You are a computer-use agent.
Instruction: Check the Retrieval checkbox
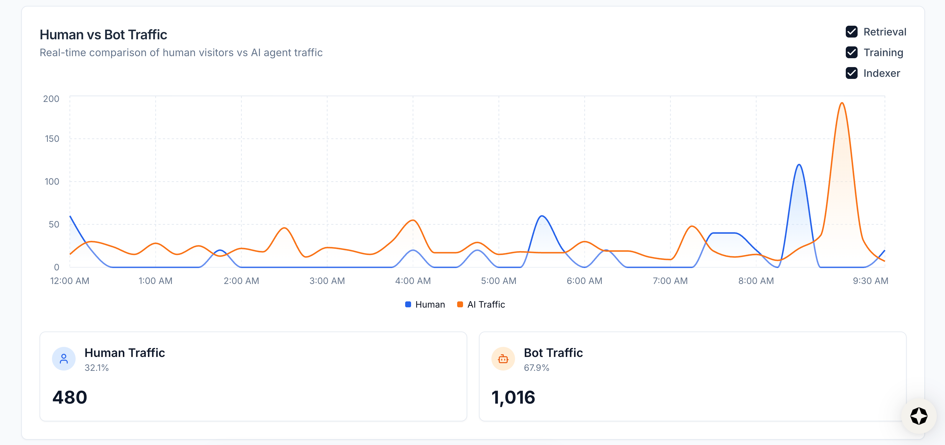[851, 32]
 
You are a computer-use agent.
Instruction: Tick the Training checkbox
[851, 53]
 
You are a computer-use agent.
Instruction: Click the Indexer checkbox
[851, 73]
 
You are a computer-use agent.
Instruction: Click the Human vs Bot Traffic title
[103, 35]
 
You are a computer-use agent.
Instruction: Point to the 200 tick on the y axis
[51, 99]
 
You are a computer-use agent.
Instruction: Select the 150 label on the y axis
[52, 139]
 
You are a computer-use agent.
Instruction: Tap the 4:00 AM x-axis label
[413, 281]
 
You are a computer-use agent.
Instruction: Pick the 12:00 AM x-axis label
[70, 281]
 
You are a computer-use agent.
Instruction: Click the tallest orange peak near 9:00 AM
[842, 103]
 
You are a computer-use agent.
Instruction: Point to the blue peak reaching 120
[799, 165]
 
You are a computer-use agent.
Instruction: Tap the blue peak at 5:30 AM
[542, 216]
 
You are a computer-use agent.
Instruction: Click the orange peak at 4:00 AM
[413, 220]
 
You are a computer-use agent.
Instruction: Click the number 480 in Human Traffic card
[70, 397]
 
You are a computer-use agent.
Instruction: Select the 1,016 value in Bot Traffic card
[513, 397]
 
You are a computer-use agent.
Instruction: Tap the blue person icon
[64, 359]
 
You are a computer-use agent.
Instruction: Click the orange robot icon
[503, 359]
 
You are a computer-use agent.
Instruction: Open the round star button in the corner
[919, 416]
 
